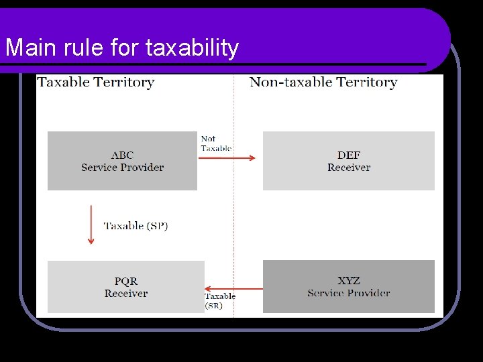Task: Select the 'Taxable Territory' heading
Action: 96,82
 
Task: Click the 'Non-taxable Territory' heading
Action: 323,82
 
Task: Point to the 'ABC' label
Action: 122,156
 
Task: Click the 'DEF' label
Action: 349,156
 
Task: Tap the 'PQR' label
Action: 126,282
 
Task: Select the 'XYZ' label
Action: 349,281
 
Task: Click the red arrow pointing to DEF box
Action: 228,158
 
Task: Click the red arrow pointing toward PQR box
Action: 233,288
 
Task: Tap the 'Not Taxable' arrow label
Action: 216,143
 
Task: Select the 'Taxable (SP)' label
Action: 136,226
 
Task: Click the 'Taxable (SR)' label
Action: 219,300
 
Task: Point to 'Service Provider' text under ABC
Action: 122,168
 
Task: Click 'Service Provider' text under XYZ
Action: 349,293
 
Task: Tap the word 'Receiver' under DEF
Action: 349,168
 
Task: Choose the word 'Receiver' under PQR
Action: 126,294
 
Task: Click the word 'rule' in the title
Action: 74,48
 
